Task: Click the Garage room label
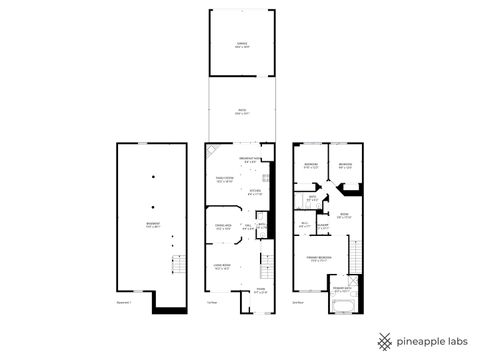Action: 240,44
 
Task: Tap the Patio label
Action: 240,111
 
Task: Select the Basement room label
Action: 152,225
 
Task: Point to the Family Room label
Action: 224,180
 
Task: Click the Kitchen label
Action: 255,192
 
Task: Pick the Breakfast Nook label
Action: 251,160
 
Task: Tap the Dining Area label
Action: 223,228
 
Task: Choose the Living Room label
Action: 223,267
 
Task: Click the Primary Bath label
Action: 343,292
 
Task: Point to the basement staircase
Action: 179,266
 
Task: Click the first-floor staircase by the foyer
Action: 266,267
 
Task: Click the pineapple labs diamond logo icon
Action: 385,341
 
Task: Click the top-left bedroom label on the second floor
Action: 311,166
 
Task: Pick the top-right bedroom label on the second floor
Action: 345,166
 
